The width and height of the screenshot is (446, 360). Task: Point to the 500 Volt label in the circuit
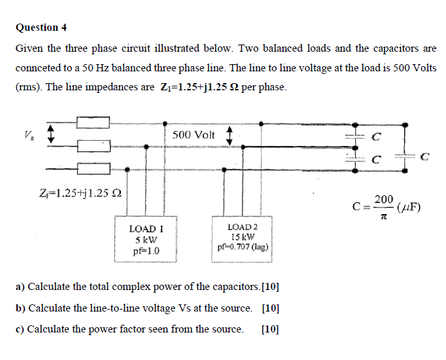(194, 135)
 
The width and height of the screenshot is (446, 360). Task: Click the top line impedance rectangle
(93, 122)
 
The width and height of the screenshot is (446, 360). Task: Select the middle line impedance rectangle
(93, 145)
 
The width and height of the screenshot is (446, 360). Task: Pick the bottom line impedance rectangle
(93, 169)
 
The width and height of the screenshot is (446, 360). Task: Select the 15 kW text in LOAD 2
(242, 237)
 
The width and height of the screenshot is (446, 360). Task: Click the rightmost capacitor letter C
(426, 156)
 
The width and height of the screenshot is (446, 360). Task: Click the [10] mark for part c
(269, 329)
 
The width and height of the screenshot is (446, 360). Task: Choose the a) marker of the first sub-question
(20, 287)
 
